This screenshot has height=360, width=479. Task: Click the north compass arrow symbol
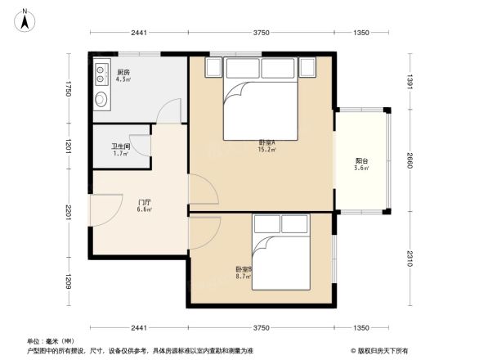tap(26, 18)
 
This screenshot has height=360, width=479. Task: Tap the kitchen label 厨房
tap(123, 72)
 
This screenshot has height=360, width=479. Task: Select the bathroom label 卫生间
tap(120, 146)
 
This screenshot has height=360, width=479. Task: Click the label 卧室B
tap(244, 269)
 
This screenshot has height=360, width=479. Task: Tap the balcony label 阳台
tap(360, 160)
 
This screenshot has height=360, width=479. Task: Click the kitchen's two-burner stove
tap(101, 74)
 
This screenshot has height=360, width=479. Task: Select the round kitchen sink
tap(101, 99)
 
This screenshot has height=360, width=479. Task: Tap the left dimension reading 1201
tap(70, 147)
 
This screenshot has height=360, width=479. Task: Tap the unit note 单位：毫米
tap(43, 340)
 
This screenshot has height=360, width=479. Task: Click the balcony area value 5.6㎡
tap(361, 169)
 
